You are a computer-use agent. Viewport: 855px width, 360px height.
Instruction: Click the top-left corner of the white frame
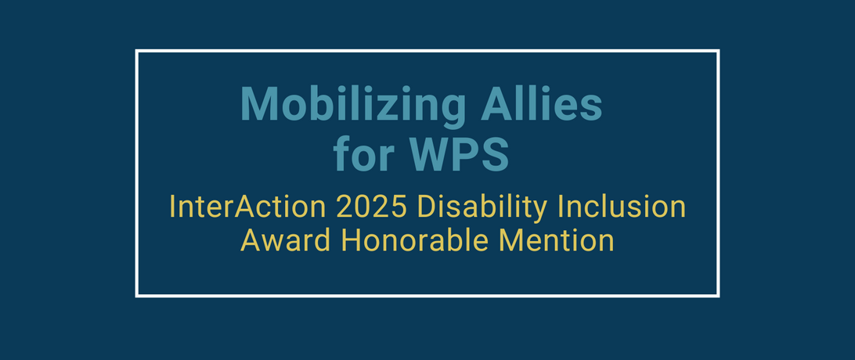(137, 51)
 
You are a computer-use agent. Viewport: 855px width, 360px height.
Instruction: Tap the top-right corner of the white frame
(718, 51)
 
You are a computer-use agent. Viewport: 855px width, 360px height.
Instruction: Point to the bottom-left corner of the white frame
(137, 296)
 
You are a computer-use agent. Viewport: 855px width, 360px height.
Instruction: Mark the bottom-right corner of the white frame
(718, 296)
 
